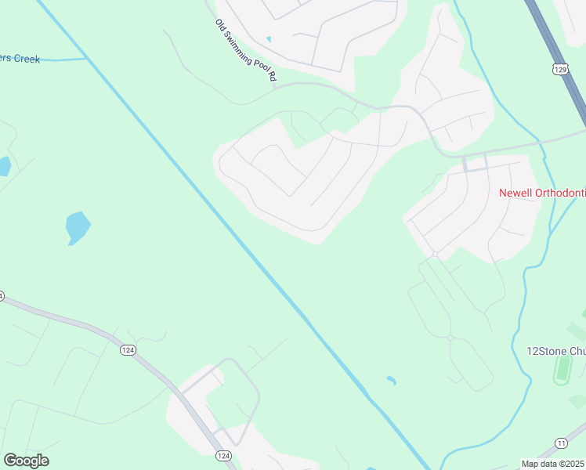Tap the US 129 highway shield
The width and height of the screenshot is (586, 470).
click(559, 69)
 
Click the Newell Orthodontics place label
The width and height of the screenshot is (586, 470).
click(541, 193)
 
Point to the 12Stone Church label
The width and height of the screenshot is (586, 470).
click(555, 351)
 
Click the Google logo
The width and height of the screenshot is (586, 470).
click(26, 461)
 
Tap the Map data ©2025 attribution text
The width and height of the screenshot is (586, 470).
click(553, 464)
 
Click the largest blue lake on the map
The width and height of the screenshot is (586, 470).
click(78, 227)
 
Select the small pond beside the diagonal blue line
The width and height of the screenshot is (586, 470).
click(391, 381)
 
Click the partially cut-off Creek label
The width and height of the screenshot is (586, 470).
click(20, 59)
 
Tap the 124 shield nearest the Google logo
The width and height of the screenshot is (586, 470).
click(223, 455)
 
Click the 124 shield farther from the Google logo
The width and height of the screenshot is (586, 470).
click(127, 349)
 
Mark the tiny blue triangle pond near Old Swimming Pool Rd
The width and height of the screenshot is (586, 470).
click(269, 38)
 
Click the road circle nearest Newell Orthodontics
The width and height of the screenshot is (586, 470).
click(434, 254)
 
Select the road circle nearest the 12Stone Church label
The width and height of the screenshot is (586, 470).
click(450, 338)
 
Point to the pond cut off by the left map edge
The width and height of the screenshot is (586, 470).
click(4, 166)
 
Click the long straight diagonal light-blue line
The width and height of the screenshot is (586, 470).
click(235, 235)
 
